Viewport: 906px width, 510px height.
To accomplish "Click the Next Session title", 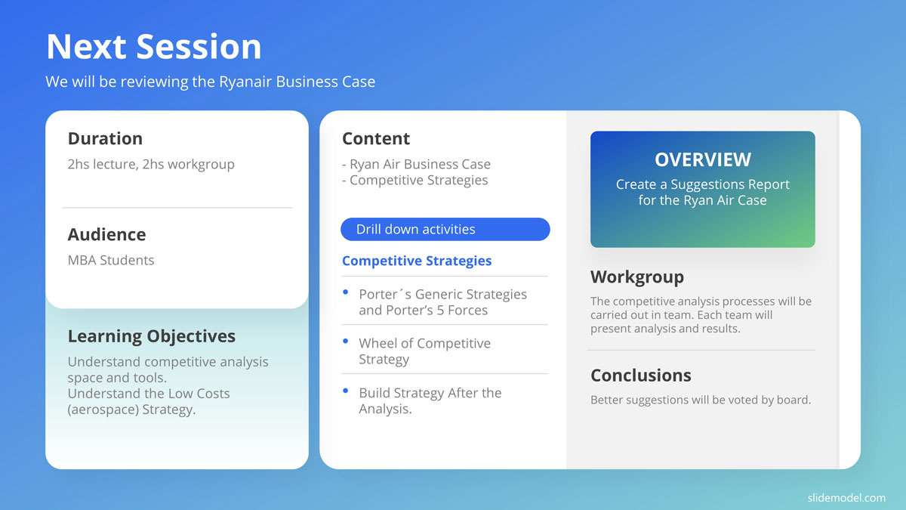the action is pyautogui.click(x=154, y=47).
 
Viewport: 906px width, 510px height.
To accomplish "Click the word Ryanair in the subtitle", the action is pyautogui.click(x=245, y=82).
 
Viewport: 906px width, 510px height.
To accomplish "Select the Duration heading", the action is pyautogui.click(x=105, y=138).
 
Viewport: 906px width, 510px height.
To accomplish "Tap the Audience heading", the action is pyautogui.click(x=106, y=234).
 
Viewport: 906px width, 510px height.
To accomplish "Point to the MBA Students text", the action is pyautogui.click(x=111, y=260).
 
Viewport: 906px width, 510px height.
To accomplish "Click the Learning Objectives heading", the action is pyautogui.click(x=151, y=336).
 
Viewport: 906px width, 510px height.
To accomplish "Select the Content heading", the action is pyautogui.click(x=376, y=138).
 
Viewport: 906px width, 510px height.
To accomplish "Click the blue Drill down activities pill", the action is pyautogui.click(x=445, y=229).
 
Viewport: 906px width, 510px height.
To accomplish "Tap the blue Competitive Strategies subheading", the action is pyautogui.click(x=417, y=261).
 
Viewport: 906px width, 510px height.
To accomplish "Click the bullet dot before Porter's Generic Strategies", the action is pyautogui.click(x=346, y=292).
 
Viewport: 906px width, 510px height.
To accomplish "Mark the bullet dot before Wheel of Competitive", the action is pyautogui.click(x=346, y=342).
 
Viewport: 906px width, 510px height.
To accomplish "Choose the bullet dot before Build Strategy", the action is pyautogui.click(x=346, y=391).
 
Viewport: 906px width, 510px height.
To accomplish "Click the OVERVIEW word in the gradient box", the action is pyautogui.click(x=703, y=159).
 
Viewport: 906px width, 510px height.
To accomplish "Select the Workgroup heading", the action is pyautogui.click(x=637, y=277).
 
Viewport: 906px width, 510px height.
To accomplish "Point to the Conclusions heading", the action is pyautogui.click(x=641, y=376).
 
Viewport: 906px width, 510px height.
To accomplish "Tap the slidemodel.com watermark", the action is pyautogui.click(x=846, y=497).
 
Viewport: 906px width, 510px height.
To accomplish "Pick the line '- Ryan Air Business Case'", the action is pyautogui.click(x=416, y=164).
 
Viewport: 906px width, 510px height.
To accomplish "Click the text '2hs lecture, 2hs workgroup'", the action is pyautogui.click(x=151, y=165).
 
